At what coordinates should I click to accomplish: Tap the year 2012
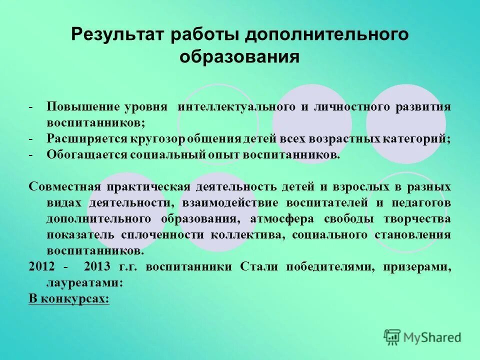(x=41, y=266)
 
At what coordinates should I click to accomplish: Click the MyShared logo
(x=422, y=337)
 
